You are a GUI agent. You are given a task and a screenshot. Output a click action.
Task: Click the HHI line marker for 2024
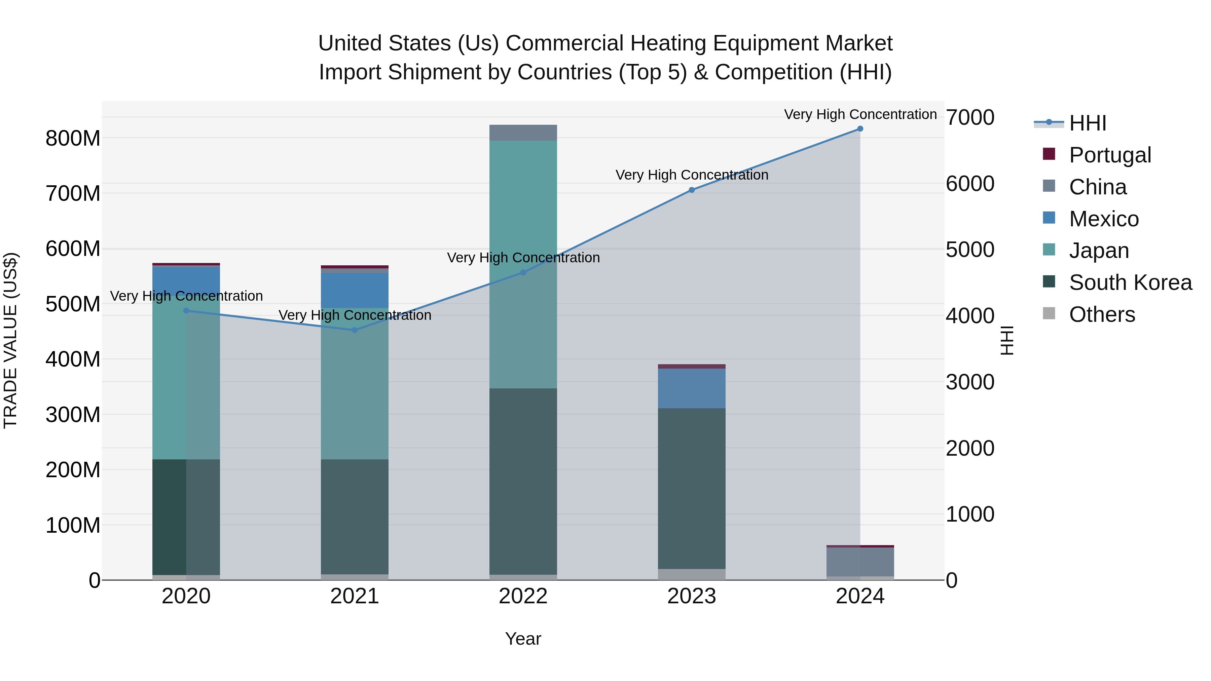click(x=860, y=129)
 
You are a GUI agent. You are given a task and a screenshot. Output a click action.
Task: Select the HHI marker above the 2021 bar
click(x=355, y=330)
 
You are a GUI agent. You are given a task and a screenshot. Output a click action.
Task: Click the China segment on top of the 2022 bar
click(x=523, y=133)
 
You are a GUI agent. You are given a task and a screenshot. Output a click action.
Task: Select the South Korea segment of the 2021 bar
click(x=355, y=517)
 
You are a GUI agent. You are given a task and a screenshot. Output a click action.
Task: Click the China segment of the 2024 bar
click(x=860, y=562)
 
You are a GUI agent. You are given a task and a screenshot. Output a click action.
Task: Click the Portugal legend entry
click(x=1109, y=155)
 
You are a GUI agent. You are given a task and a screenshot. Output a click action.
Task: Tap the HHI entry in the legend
click(x=1087, y=123)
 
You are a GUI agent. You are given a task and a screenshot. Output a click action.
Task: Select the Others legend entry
click(x=1101, y=314)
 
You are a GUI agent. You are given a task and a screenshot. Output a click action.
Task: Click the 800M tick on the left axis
click(x=73, y=139)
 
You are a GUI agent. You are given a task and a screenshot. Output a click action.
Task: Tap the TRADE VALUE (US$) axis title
click(x=10, y=340)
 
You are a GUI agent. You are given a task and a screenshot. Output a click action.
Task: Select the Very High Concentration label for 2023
click(x=692, y=175)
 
